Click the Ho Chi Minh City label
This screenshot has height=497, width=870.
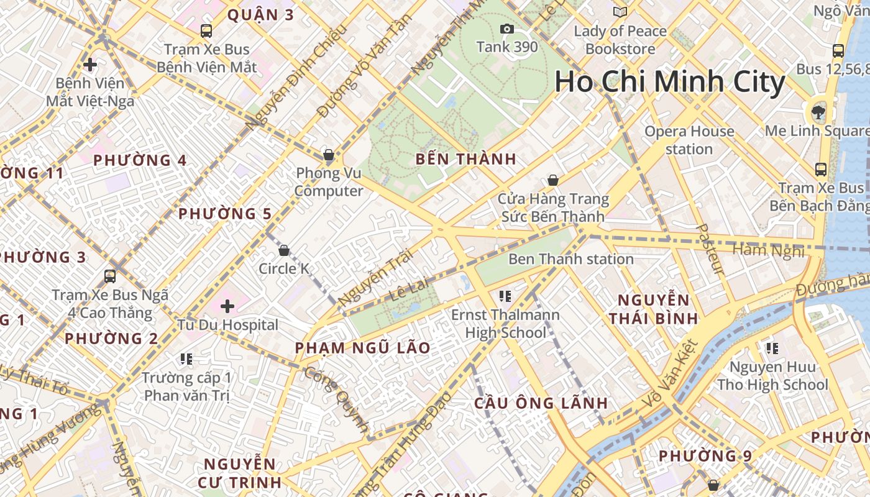pyautogui.click(x=670, y=82)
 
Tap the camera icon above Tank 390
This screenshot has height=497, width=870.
pyautogui.click(x=507, y=29)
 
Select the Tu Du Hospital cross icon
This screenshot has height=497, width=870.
pyautogui.click(x=227, y=306)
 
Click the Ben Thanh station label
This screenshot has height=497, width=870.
pyautogui.click(x=571, y=259)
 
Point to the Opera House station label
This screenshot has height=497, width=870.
pyautogui.click(x=689, y=140)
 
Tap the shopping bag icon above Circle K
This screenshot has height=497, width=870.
pyautogui.click(x=284, y=250)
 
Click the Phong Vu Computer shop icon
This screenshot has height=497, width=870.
pyautogui.click(x=328, y=155)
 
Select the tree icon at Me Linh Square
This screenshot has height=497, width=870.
pyautogui.click(x=818, y=112)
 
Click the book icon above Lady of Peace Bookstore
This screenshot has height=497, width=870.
pyautogui.click(x=620, y=12)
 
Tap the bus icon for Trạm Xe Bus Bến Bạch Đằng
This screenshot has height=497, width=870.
pyautogui.click(x=821, y=169)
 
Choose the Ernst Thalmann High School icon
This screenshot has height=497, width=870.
pyautogui.click(x=505, y=296)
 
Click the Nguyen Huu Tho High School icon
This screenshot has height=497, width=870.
pyautogui.click(x=772, y=349)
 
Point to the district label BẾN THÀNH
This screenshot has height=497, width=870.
pyautogui.click(x=466, y=159)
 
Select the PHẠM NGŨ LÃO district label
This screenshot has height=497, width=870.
pyautogui.click(x=363, y=348)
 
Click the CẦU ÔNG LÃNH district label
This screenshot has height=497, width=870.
pyautogui.click(x=541, y=403)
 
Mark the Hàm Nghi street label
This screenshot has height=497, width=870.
pyautogui.click(x=769, y=250)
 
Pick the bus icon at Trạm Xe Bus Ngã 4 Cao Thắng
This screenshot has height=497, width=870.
pyautogui.click(x=110, y=276)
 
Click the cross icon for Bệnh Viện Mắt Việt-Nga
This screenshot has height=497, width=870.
pyautogui.click(x=90, y=64)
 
